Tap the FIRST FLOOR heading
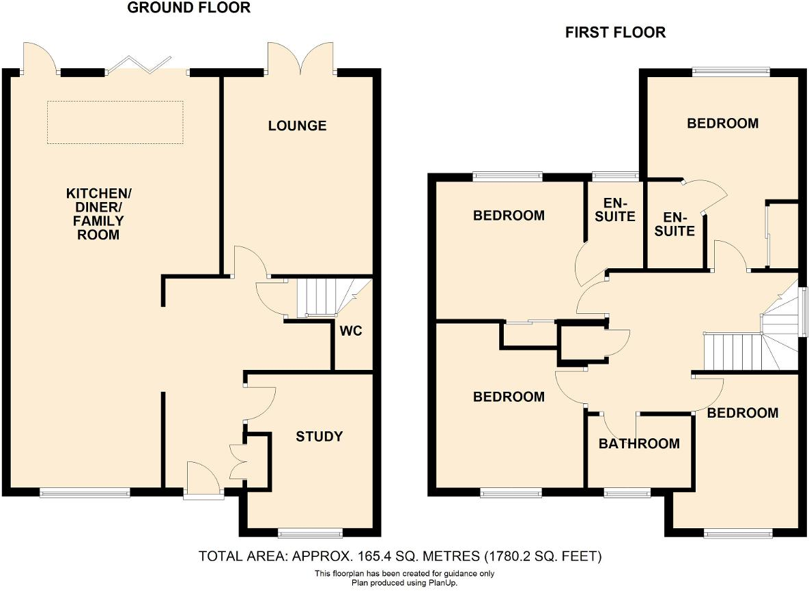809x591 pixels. [x=614, y=32]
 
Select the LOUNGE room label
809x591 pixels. [x=297, y=126]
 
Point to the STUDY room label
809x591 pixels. [x=319, y=436]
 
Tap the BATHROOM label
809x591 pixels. [x=639, y=444]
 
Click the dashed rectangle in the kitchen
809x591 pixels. [x=115, y=122]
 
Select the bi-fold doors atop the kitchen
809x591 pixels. [x=141, y=65]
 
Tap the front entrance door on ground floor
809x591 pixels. [x=202, y=481]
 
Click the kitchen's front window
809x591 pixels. [x=85, y=493]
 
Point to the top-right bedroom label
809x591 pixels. [x=722, y=124]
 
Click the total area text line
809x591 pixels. [x=400, y=556]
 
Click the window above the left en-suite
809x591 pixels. [x=614, y=175]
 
